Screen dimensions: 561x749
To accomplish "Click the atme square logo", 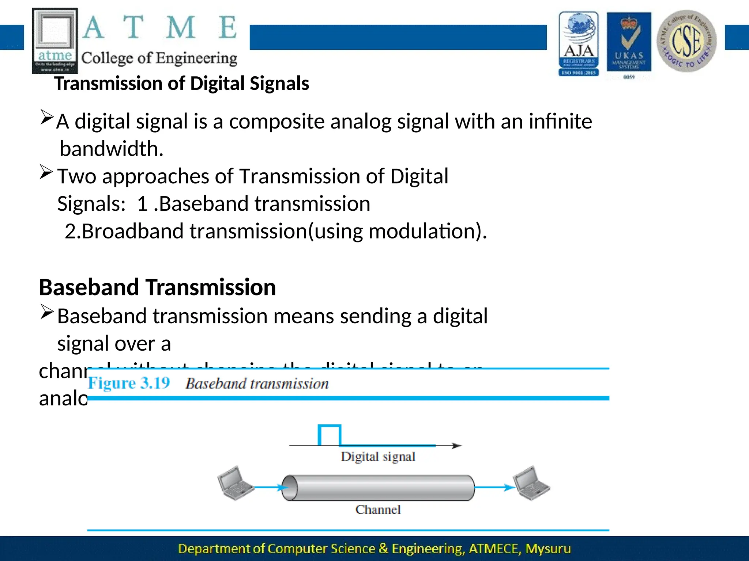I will (55, 40).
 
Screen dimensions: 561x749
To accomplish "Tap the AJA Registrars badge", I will (579, 44).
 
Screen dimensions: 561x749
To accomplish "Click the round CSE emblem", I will (686, 41).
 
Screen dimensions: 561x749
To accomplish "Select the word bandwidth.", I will (111, 149).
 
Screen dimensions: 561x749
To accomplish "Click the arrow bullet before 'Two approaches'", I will (46, 172).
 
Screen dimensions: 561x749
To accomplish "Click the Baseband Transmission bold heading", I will (157, 287).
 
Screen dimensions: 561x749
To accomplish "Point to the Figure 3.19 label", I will (129, 383).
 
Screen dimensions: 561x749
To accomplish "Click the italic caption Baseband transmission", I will (257, 383).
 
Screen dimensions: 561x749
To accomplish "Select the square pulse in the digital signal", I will (329, 435).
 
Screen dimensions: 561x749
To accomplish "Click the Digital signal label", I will (378, 457).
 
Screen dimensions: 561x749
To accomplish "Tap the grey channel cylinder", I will (378, 488).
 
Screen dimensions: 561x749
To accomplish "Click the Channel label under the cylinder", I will (378, 510).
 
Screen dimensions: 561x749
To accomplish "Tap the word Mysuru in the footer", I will (548, 549).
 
